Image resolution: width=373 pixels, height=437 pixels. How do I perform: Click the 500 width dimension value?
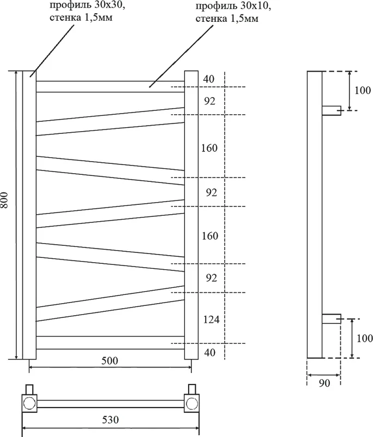pyautogui.click(x=109, y=361)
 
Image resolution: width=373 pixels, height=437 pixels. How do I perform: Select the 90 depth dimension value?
pyautogui.click(x=324, y=383)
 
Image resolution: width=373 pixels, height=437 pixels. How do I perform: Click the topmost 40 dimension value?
pyautogui.click(x=209, y=79)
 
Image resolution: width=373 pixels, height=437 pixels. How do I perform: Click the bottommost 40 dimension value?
pyautogui.click(x=209, y=352)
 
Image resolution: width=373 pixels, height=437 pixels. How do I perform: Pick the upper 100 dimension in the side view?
pyautogui.click(x=362, y=90)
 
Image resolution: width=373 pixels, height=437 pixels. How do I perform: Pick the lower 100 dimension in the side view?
pyautogui.click(x=362, y=338)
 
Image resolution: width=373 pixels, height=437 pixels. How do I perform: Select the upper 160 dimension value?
pyautogui.click(x=209, y=147)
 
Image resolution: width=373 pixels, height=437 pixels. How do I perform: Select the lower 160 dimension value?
pyautogui.click(x=209, y=236)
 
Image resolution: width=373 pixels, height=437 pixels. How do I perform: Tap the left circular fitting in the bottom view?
pyautogui.click(x=29, y=404)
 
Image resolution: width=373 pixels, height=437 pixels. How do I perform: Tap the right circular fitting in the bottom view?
pyautogui.click(x=191, y=404)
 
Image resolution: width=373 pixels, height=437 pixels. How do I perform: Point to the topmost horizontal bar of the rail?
pyautogui.click(x=110, y=87)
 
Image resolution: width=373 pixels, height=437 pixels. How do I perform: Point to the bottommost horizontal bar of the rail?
pyautogui.click(x=110, y=342)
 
